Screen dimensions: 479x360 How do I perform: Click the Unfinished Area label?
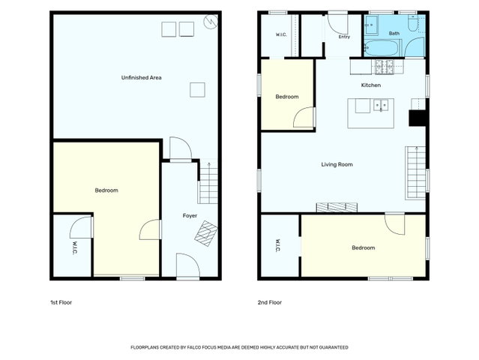click(141, 77)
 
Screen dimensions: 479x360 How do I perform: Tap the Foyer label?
click(190, 216)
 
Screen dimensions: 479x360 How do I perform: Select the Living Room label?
click(337, 164)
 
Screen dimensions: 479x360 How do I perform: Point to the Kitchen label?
click(371, 85)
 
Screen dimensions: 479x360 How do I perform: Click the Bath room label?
click(394, 33)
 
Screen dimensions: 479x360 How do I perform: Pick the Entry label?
click(344, 37)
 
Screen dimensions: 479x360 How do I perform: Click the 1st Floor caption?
click(61, 302)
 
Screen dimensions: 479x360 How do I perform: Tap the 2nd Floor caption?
click(270, 302)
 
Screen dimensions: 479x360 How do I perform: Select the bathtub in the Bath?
click(382, 48)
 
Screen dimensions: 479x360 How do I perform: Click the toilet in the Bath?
click(413, 23)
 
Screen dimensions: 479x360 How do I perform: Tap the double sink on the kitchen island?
click(381, 105)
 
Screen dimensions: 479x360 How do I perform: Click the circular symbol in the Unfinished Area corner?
click(211, 22)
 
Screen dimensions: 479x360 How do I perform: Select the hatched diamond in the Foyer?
click(206, 233)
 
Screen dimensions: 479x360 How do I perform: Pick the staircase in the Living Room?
click(415, 173)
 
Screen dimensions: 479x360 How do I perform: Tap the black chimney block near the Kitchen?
click(417, 118)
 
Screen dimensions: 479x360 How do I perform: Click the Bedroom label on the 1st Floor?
click(106, 190)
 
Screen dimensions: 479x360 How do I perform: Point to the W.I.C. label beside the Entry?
click(281, 34)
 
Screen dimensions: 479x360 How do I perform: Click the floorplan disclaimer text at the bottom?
click(240, 347)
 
